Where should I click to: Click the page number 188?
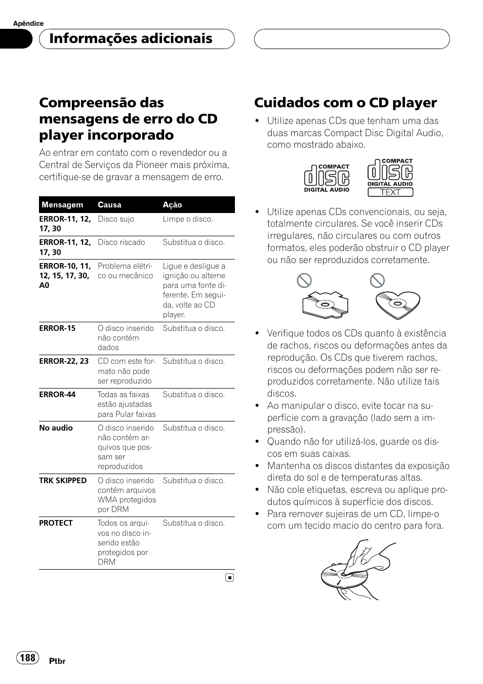coord(28,657)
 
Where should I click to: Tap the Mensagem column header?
coord(62,205)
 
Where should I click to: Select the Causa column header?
coord(109,205)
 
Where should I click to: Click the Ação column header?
coord(172,205)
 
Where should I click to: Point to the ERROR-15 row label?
coord(57,328)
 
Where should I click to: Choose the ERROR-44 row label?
coord(57,395)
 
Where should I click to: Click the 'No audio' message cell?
coord(56,428)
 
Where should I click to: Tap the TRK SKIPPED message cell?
coord(63,481)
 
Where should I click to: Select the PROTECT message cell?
coord(56,523)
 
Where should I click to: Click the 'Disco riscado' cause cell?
coord(121,242)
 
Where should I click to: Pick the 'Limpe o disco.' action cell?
coord(188,219)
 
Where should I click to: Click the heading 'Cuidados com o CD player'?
coord(345,103)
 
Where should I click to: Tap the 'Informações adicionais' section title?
coord(131,39)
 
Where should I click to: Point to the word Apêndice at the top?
coord(28,23)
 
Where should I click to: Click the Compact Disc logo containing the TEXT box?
coord(390,178)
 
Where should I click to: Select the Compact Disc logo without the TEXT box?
coord(327,178)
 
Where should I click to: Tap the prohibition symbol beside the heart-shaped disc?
coord(377,280)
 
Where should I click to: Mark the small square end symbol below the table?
coord(229,577)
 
